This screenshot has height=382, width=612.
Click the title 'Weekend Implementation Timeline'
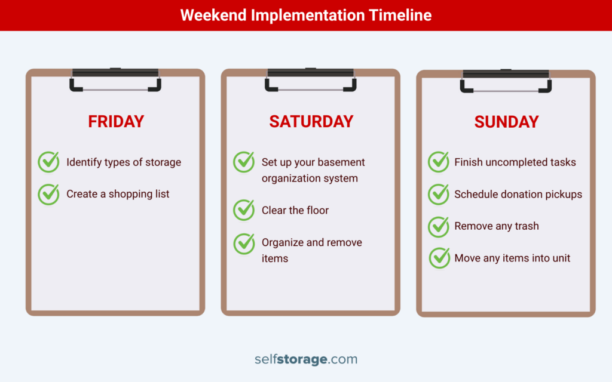click(305, 15)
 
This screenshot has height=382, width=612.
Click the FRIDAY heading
click(116, 122)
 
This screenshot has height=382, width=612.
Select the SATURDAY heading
click(311, 122)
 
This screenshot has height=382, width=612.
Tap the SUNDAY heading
click(506, 122)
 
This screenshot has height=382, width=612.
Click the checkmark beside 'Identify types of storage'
click(49, 162)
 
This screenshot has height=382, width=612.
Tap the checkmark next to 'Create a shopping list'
click(49, 194)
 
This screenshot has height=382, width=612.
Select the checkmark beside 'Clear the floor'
click(244, 210)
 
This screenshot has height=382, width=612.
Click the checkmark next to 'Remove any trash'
click(439, 226)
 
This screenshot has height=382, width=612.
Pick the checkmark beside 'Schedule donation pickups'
click(439, 194)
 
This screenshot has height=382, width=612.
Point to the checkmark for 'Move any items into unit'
click(439, 258)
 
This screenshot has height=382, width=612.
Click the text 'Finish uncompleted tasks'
click(515, 162)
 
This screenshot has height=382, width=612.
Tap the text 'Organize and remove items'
click(311, 250)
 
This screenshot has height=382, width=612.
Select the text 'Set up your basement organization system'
click(313, 170)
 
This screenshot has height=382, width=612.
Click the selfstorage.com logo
click(305, 359)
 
